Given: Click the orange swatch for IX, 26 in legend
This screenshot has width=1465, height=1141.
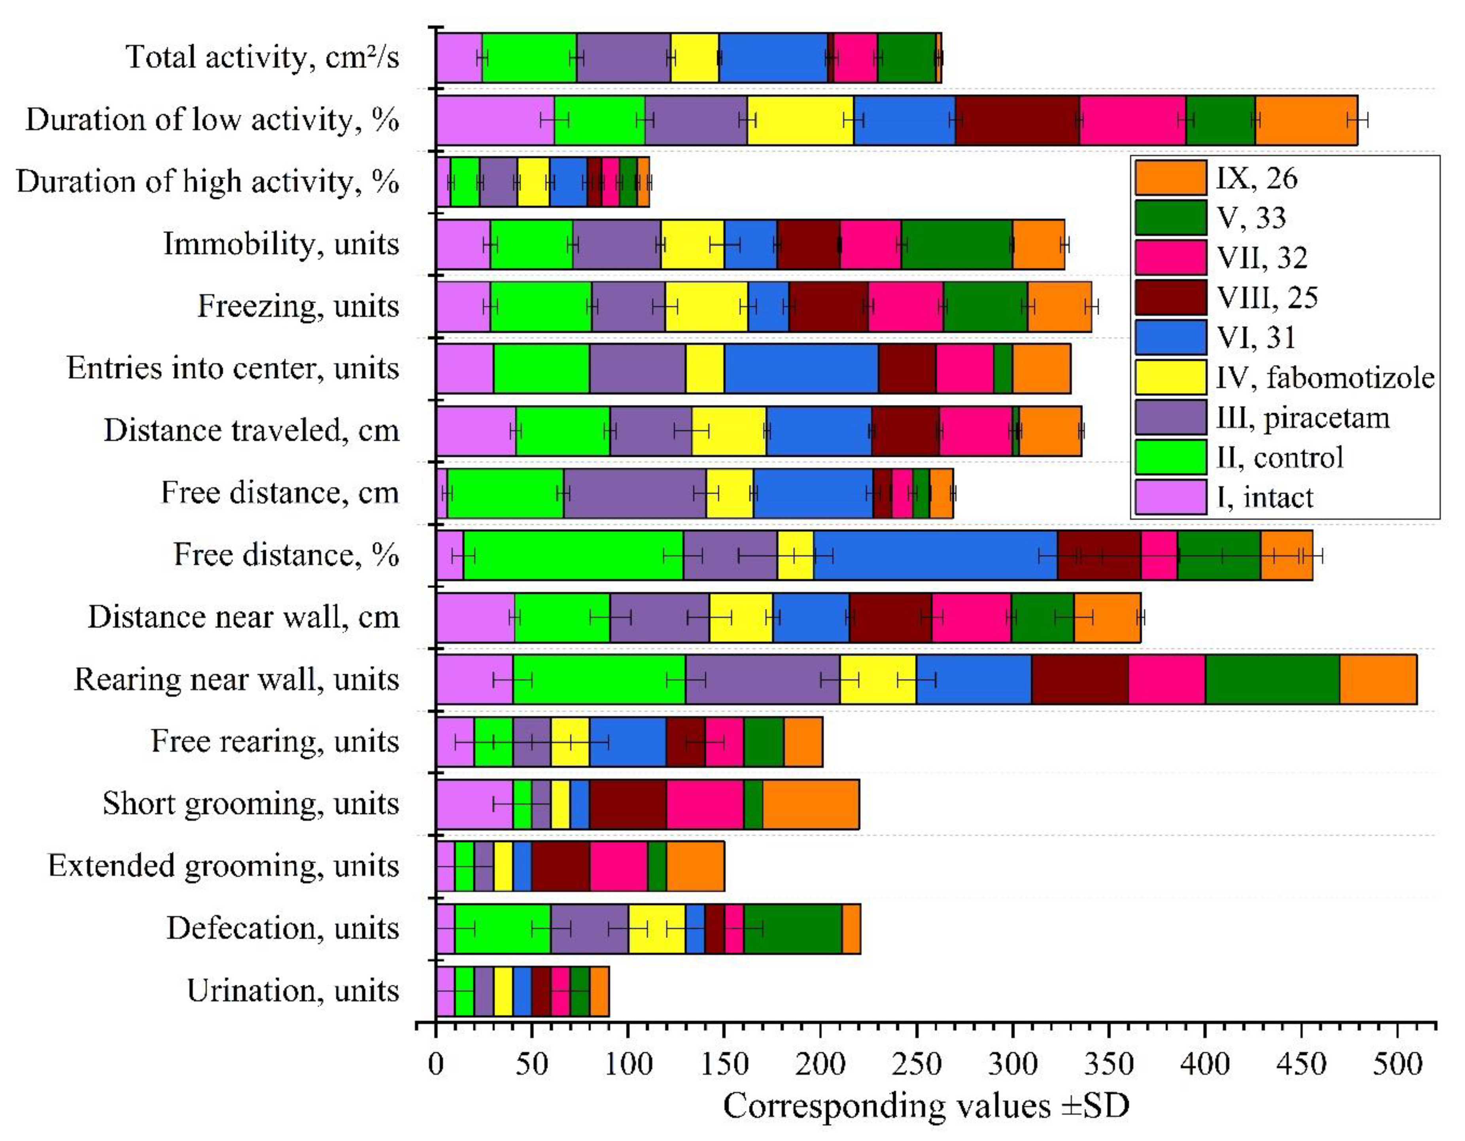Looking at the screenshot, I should point(1170,178).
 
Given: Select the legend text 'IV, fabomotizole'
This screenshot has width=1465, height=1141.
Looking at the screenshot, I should point(1325,378).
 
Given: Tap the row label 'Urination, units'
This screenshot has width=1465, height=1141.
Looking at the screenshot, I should point(293,991).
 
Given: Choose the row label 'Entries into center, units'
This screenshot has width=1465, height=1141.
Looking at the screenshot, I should point(233,368).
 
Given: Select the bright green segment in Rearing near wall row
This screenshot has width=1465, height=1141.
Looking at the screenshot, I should point(599,679).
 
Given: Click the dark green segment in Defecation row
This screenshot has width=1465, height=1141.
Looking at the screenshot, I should point(793,928).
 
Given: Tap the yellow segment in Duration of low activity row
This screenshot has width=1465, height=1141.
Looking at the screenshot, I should point(800,120).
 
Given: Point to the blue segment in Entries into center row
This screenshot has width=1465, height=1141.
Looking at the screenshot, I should point(801,368).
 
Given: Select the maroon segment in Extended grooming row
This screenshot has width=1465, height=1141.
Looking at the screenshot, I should point(561,866).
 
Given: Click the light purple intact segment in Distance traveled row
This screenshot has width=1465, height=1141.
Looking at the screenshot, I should point(476,431).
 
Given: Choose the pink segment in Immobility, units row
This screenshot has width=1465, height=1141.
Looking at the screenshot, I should point(870,244).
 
